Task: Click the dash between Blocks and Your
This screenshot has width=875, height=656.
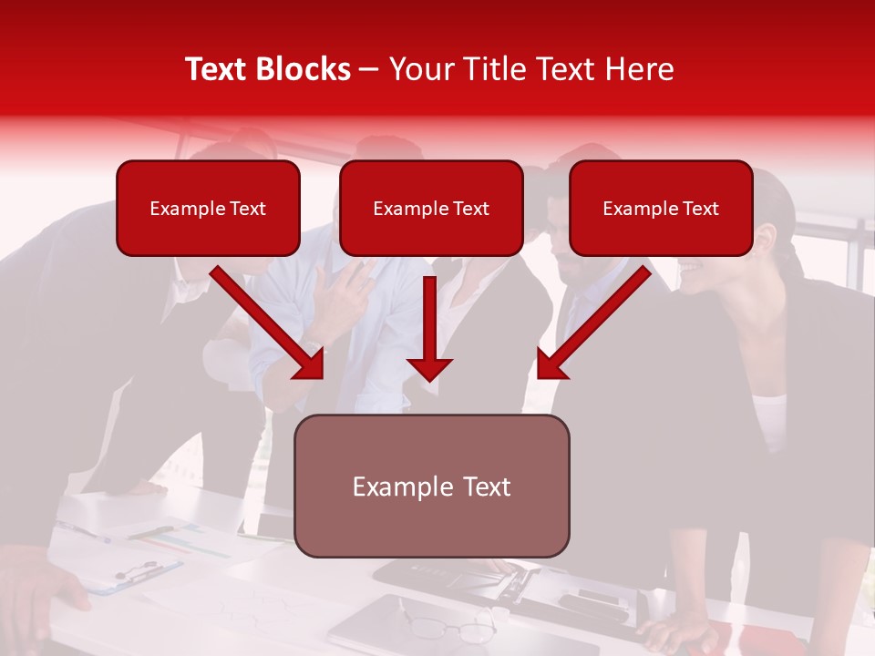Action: [x=369, y=70]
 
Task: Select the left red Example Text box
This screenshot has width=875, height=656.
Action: [x=208, y=209]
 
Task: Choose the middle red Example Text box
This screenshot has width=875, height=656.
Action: [x=431, y=209]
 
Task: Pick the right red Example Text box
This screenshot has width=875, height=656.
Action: [x=661, y=209]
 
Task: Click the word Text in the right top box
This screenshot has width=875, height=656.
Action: [x=699, y=209]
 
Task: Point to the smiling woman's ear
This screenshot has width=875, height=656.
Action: [x=764, y=239]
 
